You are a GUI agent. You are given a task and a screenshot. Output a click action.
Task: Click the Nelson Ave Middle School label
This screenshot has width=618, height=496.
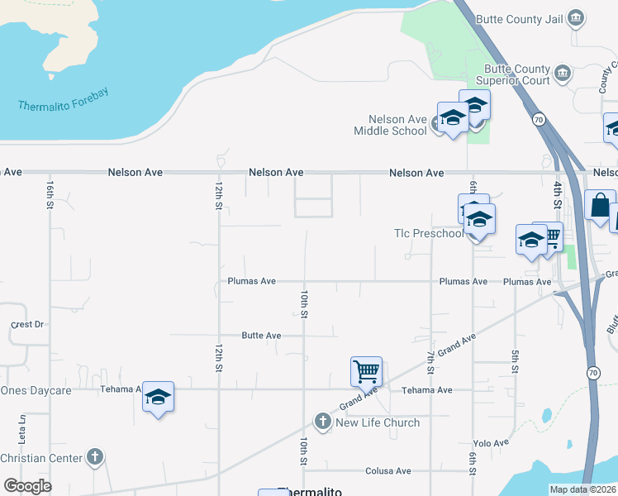tap(390, 125)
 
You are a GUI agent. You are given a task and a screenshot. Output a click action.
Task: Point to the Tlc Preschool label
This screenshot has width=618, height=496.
tap(428, 234)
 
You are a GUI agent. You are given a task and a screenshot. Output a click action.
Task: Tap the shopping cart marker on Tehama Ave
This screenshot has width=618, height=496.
tap(366, 371)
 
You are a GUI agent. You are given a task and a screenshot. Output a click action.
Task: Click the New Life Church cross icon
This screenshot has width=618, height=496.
tap(323, 422)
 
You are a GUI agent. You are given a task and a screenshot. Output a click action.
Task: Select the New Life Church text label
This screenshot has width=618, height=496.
tap(378, 422)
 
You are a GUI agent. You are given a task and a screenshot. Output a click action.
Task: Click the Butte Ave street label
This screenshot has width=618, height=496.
tap(261, 336)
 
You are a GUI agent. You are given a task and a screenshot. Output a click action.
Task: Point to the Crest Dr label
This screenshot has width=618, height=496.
tap(27, 325)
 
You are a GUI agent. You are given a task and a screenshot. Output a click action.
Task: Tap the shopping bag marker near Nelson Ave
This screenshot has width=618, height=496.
tap(599, 205)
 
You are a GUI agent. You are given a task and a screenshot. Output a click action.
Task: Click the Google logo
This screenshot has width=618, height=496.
tap(27, 486)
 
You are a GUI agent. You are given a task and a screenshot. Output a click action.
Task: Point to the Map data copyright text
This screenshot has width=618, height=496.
tap(582, 489)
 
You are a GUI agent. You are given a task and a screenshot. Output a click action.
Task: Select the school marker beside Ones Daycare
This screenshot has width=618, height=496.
tap(158, 398)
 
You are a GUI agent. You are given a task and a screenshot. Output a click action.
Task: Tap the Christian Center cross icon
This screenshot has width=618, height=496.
tap(95, 457)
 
